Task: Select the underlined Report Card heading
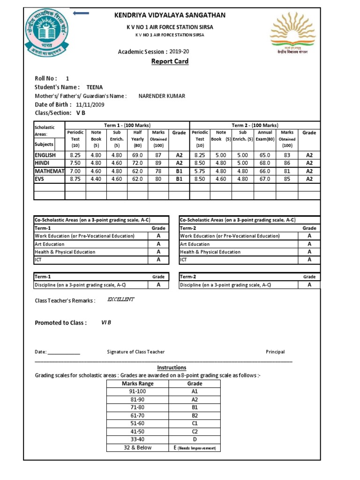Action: (x=170, y=62)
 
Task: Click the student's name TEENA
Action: (x=95, y=87)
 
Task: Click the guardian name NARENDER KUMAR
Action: (x=162, y=96)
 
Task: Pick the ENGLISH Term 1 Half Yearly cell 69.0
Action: (x=137, y=155)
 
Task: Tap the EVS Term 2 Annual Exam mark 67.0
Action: (x=265, y=179)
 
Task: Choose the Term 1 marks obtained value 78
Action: (x=158, y=171)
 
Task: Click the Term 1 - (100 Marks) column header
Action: (x=127, y=125)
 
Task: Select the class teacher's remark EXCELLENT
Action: (x=121, y=300)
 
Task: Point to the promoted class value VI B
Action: (x=107, y=322)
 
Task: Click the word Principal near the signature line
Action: (x=275, y=352)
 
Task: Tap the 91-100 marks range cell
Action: (x=137, y=391)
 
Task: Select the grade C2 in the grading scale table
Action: (x=195, y=431)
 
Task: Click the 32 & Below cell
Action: (x=137, y=448)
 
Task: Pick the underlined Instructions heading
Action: (x=172, y=367)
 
